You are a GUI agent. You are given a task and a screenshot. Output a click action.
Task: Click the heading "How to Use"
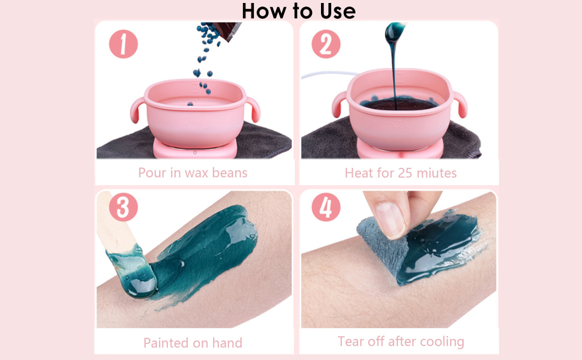298,10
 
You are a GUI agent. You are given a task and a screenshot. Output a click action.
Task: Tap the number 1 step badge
123,44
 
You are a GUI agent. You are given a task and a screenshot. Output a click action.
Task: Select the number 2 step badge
326,44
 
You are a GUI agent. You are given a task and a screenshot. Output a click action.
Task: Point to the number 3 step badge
123,207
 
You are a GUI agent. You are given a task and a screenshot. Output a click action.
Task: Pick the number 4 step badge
326,207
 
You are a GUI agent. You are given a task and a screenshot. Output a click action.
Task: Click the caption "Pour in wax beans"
193,173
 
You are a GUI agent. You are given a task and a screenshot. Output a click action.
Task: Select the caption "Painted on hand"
193,343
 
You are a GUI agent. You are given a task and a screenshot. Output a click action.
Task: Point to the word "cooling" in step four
442,341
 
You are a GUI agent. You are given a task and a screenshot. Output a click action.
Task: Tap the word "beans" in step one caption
230,173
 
